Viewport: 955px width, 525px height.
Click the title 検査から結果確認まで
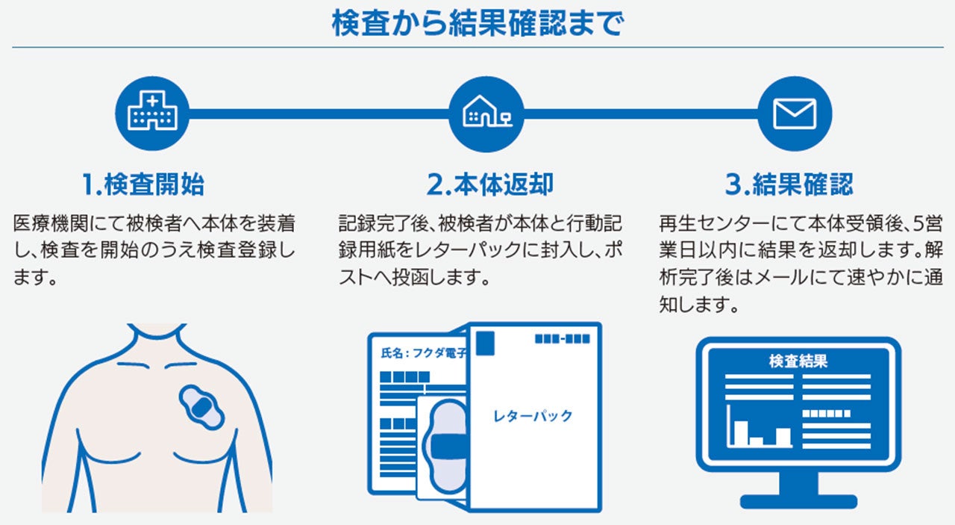[477, 23]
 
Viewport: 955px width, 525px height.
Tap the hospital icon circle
[153, 114]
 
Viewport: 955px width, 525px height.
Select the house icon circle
[486, 114]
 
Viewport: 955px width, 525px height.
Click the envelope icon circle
[795, 114]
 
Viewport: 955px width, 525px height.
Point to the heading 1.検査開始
[143, 184]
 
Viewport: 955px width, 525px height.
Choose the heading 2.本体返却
[489, 184]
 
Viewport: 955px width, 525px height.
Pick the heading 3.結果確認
[788, 184]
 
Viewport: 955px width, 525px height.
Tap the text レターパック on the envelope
[533, 416]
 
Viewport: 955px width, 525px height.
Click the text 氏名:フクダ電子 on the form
[422, 353]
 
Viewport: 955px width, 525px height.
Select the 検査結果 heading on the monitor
[798, 362]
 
